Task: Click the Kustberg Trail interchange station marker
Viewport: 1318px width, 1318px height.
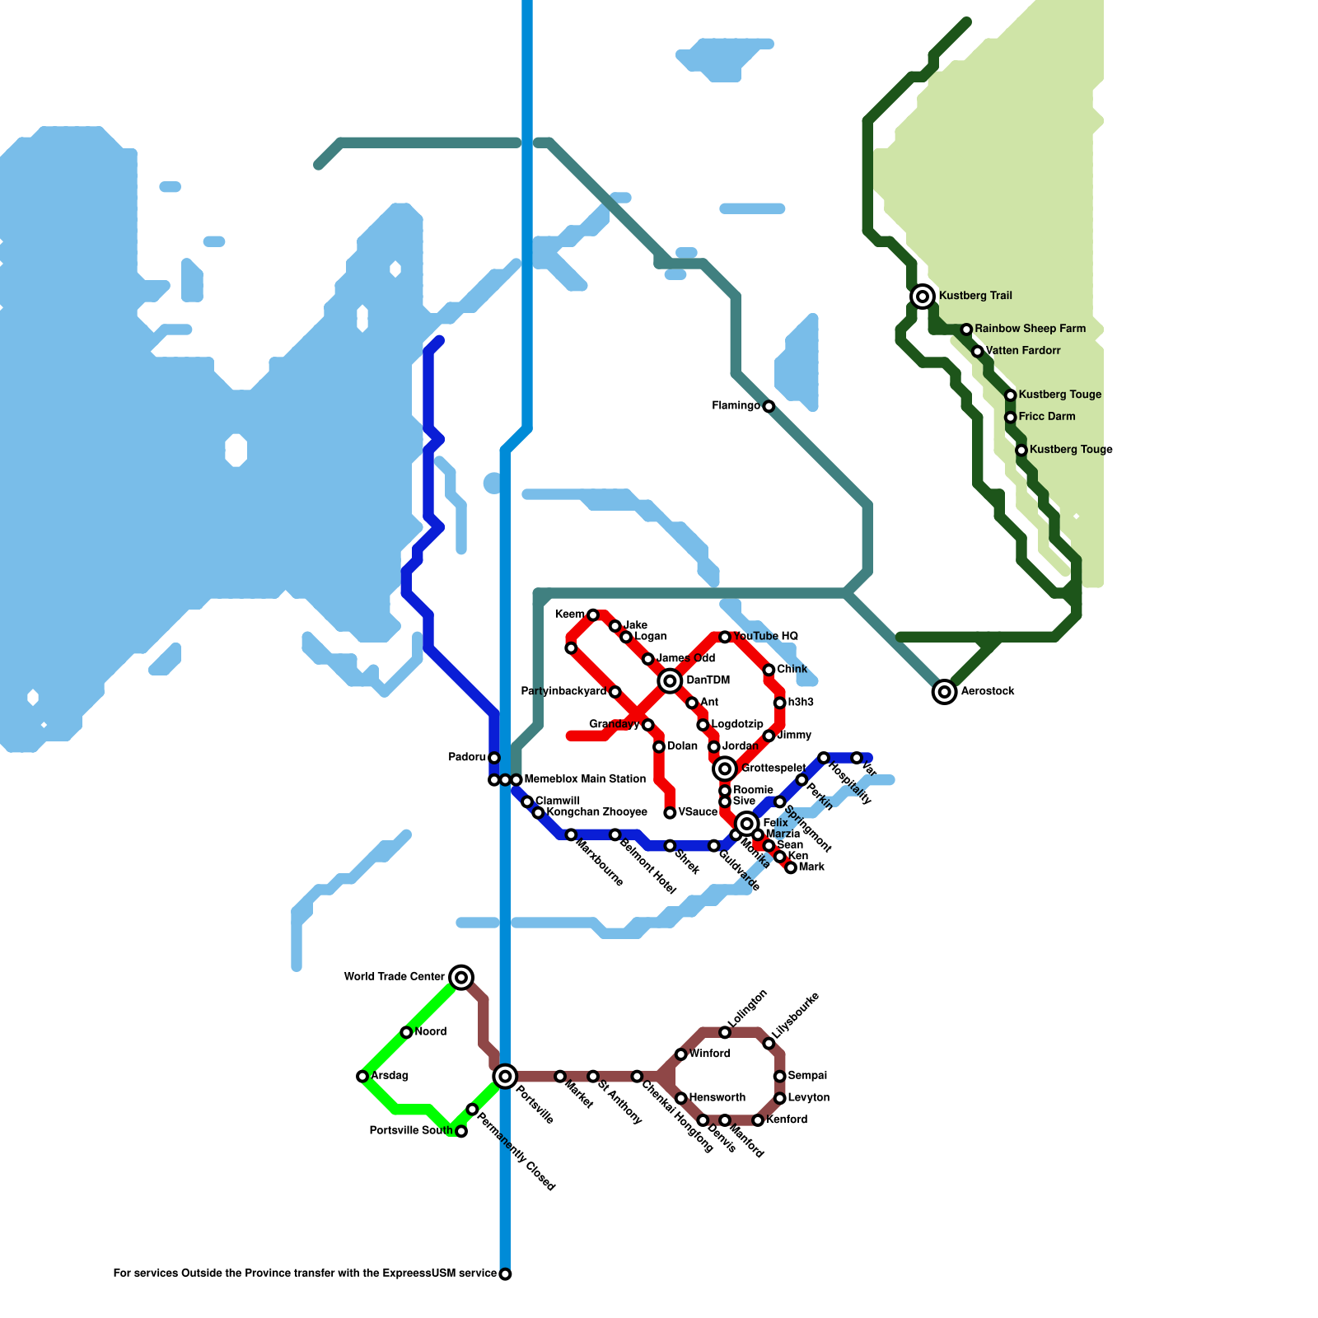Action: tap(923, 296)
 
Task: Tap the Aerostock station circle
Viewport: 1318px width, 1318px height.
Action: tap(945, 691)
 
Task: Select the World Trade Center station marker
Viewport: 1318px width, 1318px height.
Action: tap(462, 977)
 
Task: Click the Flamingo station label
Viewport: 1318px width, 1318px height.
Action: tap(736, 406)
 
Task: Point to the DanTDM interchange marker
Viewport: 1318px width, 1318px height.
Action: tap(670, 680)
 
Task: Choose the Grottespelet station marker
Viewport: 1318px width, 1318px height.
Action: tap(725, 769)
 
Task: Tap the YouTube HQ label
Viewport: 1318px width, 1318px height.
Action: tap(765, 637)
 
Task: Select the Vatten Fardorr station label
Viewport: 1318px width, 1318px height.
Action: tap(1023, 351)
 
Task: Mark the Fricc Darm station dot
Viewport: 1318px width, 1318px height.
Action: tap(1011, 417)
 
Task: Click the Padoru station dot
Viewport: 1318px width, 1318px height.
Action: tap(494, 758)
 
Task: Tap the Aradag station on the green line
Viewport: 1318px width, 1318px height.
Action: tap(362, 1076)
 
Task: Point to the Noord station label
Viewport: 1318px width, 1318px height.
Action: tap(430, 1032)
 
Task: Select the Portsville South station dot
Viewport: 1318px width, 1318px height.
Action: tap(461, 1131)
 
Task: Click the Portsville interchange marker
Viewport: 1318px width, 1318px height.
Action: tap(505, 1076)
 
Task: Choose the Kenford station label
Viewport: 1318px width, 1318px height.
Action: tap(786, 1119)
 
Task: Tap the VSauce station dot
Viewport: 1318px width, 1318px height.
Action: tap(670, 813)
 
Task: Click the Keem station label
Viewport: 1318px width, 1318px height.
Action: tap(569, 615)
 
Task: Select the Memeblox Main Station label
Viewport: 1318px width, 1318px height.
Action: tap(585, 779)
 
